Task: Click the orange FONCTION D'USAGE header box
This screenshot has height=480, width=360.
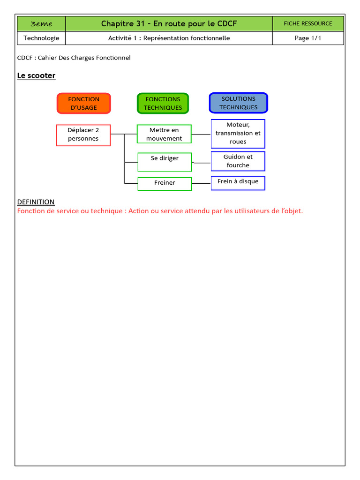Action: pyautogui.click(x=83, y=103)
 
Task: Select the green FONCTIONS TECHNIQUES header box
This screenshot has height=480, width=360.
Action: pyautogui.click(x=163, y=103)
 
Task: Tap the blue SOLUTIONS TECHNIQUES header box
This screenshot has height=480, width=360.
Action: pyautogui.click(x=238, y=103)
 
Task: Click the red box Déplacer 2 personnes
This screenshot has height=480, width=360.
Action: pyautogui.click(x=83, y=135)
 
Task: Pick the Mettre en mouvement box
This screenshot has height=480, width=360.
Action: pyautogui.click(x=164, y=134)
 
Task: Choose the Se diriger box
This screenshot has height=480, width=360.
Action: pyautogui.click(x=165, y=162)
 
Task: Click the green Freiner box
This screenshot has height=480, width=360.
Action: pyautogui.click(x=165, y=184)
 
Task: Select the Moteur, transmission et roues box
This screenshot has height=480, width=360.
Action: pyautogui.click(x=238, y=133)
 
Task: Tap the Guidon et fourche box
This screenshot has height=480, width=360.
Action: pyautogui.click(x=238, y=161)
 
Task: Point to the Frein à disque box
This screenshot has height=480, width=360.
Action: pyautogui.click(x=238, y=182)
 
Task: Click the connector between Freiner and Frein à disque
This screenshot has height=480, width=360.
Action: pyautogui.click(x=201, y=184)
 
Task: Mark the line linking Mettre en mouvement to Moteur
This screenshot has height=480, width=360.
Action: pyautogui.click(x=201, y=134)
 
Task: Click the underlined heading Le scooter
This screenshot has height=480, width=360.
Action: pyautogui.click(x=36, y=75)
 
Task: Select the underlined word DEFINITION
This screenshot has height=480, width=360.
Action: pyautogui.click(x=36, y=202)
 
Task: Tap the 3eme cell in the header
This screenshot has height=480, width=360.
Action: pyautogui.click(x=41, y=24)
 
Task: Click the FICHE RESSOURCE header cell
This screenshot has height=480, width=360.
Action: pyautogui.click(x=308, y=23)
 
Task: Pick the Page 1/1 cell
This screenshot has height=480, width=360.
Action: pyautogui.click(x=308, y=38)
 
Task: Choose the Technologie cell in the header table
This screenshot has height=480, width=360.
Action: pyautogui.click(x=41, y=38)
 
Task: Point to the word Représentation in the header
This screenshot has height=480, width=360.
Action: pyautogui.click(x=165, y=38)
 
